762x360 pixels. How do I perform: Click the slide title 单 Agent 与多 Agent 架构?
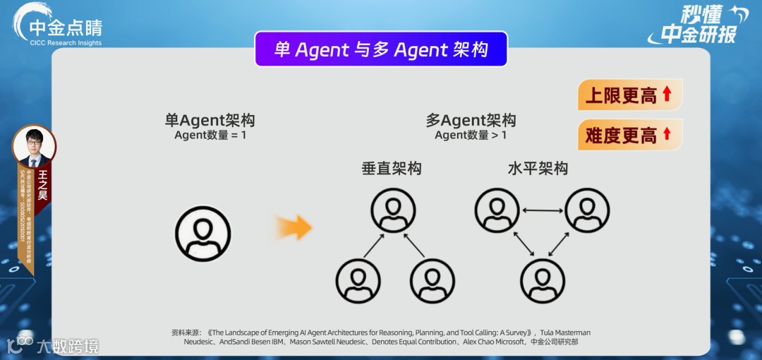[x=381, y=49]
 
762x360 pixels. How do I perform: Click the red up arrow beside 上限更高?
[x=667, y=94]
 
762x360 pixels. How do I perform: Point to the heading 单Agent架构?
[x=210, y=121]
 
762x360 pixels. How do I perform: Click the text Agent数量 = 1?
[x=210, y=135]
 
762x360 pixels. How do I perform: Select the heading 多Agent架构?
[x=471, y=121]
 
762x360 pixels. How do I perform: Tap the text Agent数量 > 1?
[x=471, y=135]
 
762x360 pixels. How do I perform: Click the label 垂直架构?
[x=392, y=169]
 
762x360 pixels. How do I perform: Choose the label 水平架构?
[x=538, y=169]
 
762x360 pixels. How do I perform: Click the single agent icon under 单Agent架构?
[x=203, y=233]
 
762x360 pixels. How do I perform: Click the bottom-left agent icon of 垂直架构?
[x=358, y=280]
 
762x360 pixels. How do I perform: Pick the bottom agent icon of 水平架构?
[x=543, y=280]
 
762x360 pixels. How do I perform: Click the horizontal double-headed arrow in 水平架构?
[x=543, y=210]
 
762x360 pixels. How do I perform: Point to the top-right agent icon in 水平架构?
[x=587, y=210]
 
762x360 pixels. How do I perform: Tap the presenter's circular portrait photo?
[x=33, y=146]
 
